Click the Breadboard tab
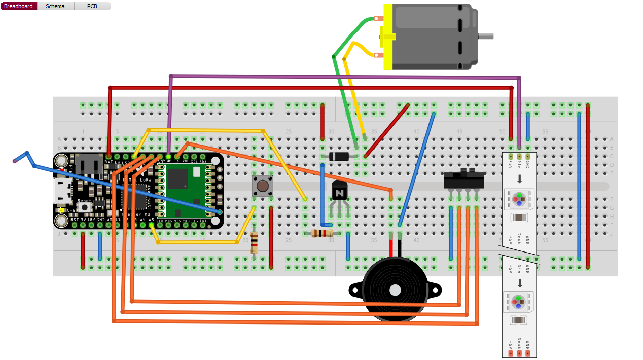(x=19, y=6)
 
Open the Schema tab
(x=55, y=6)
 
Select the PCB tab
(x=92, y=6)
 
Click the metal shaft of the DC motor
(x=485, y=36)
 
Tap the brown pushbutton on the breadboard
(x=263, y=186)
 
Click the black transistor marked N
(x=340, y=192)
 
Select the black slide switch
(x=463, y=180)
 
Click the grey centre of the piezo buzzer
(x=395, y=290)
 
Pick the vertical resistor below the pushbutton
(x=254, y=243)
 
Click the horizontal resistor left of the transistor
(x=322, y=233)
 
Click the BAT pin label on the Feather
(x=109, y=162)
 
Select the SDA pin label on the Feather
(x=202, y=162)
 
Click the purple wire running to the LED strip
(x=345, y=77)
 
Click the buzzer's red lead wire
(x=391, y=248)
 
